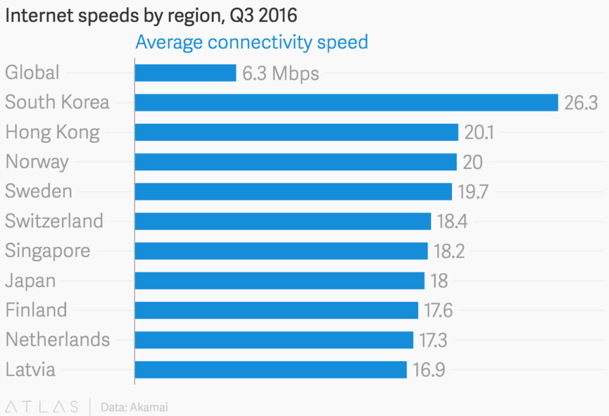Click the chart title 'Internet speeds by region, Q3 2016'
[x=151, y=15]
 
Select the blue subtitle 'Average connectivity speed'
[x=252, y=42]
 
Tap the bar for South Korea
[x=346, y=102]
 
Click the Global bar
[x=186, y=73]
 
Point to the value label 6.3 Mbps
[x=281, y=73]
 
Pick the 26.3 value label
[x=580, y=103]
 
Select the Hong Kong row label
[x=52, y=132]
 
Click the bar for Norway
[x=296, y=162]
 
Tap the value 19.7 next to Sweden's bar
[x=473, y=192]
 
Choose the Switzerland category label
[x=54, y=221]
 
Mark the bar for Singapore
[x=281, y=251]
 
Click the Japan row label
[x=30, y=280]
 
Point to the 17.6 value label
[x=440, y=310]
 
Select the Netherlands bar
[x=274, y=340]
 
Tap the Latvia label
[x=30, y=370]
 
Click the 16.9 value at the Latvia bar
[x=428, y=370]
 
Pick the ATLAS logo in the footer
[x=41, y=407]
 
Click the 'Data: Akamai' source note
[x=134, y=407]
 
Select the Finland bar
[x=277, y=310]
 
